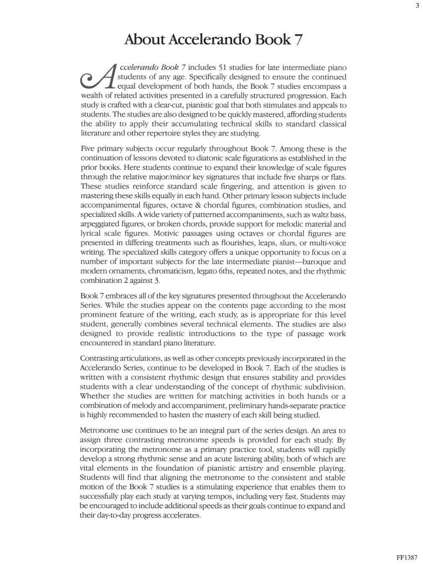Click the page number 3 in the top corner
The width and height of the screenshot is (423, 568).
pos(416,6)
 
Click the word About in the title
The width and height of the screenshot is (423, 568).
pos(145,40)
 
